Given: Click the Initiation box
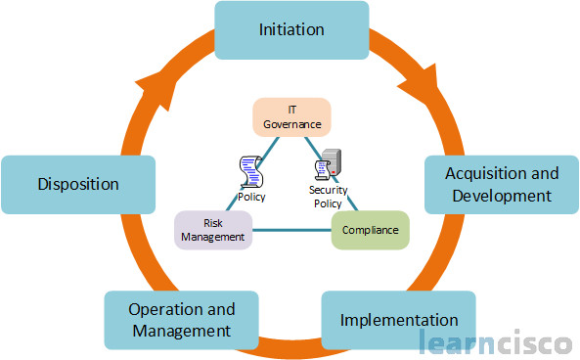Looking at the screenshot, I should click(x=290, y=29).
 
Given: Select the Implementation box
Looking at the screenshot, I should click(x=398, y=320).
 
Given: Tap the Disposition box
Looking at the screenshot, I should click(x=78, y=184).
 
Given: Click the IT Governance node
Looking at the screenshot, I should click(x=291, y=116).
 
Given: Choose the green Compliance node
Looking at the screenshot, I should click(x=371, y=231).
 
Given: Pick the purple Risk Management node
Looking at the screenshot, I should click(x=214, y=229).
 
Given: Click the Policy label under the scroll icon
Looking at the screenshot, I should click(x=251, y=197).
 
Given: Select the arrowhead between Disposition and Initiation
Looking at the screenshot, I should click(x=162, y=91).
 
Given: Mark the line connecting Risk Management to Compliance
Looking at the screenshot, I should click(x=292, y=231).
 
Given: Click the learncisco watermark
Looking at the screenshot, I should click(x=497, y=341).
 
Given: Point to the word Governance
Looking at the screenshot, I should click(x=291, y=124).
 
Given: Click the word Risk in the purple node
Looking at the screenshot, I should click(x=214, y=222).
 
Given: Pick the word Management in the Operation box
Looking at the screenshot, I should click(x=181, y=331).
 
